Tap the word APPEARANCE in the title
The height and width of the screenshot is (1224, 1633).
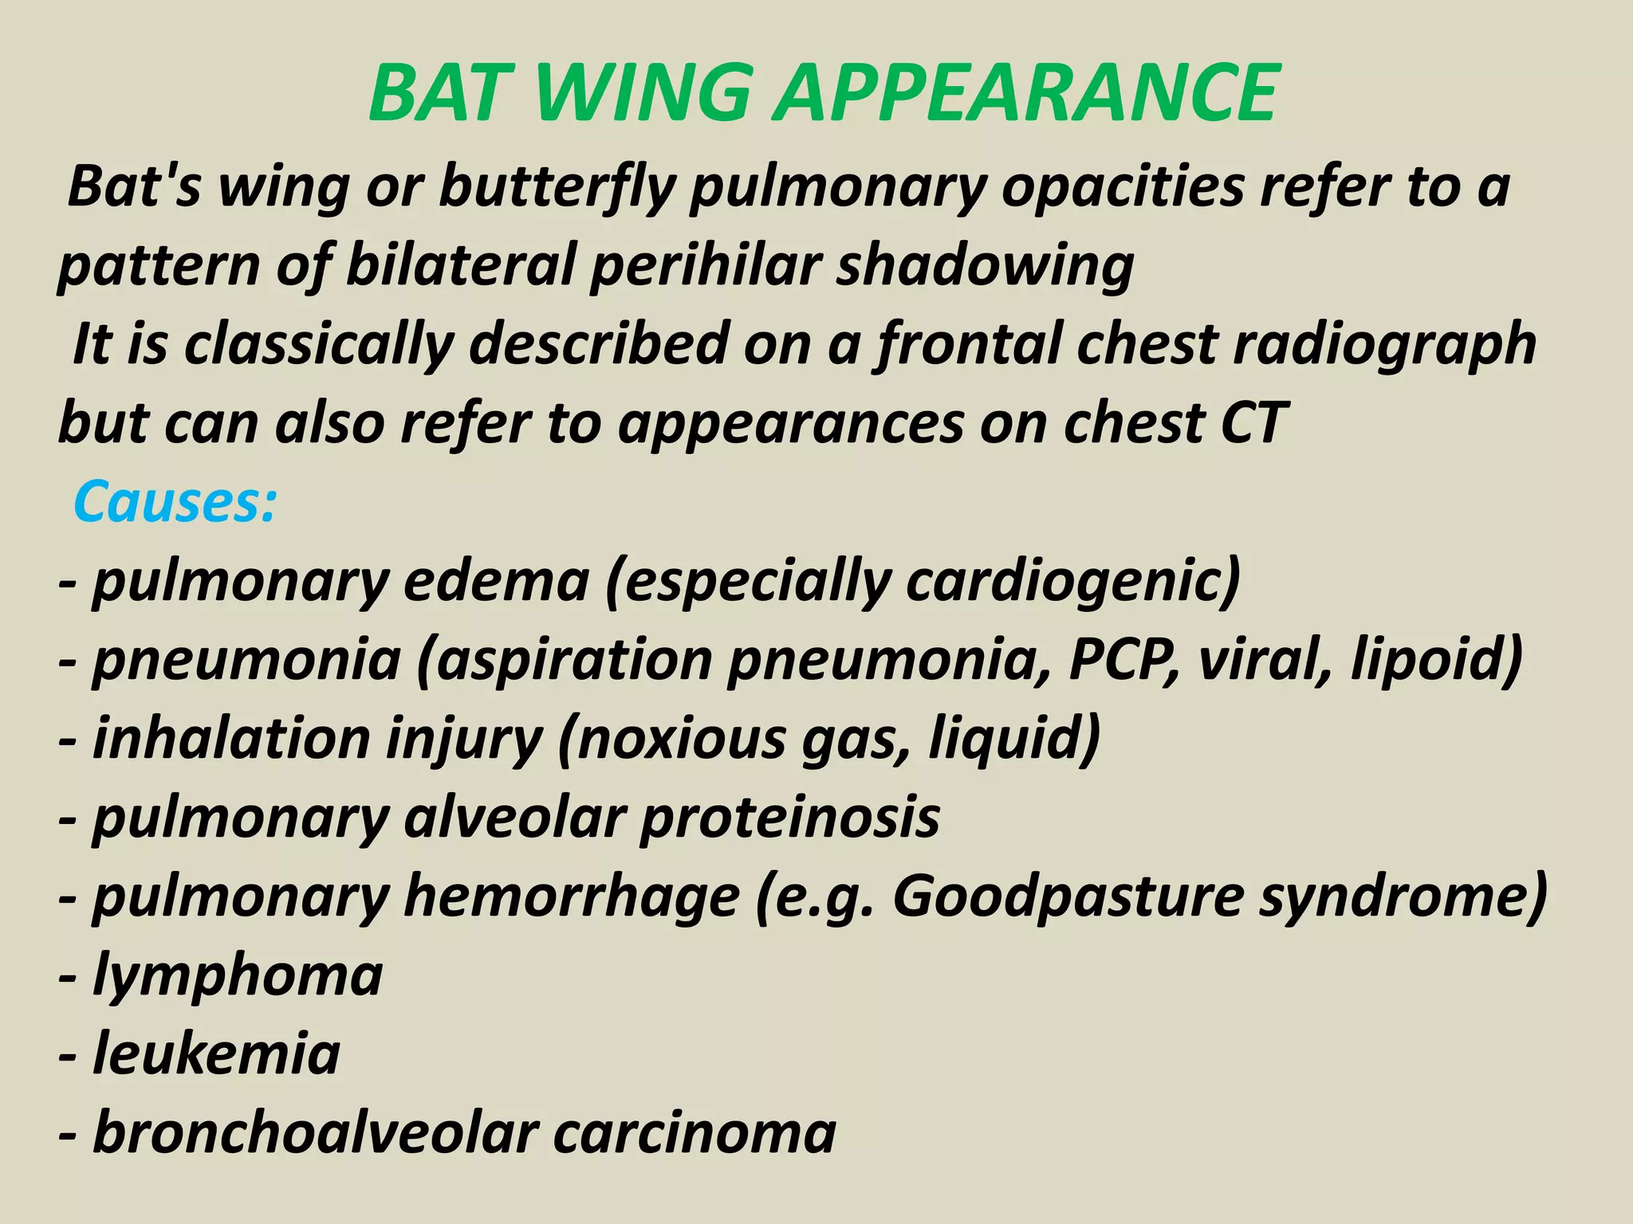pos(1028,93)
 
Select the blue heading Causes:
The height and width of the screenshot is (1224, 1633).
pos(175,502)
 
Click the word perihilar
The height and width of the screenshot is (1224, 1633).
pos(702,265)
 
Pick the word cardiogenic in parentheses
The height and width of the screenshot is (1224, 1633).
pos(1068,583)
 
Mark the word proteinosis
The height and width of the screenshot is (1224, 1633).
pos(789,818)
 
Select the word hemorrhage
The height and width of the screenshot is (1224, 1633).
pos(571,897)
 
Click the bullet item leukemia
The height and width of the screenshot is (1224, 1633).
pos(215,1054)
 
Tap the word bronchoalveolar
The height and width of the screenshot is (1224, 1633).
pos(315,1132)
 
